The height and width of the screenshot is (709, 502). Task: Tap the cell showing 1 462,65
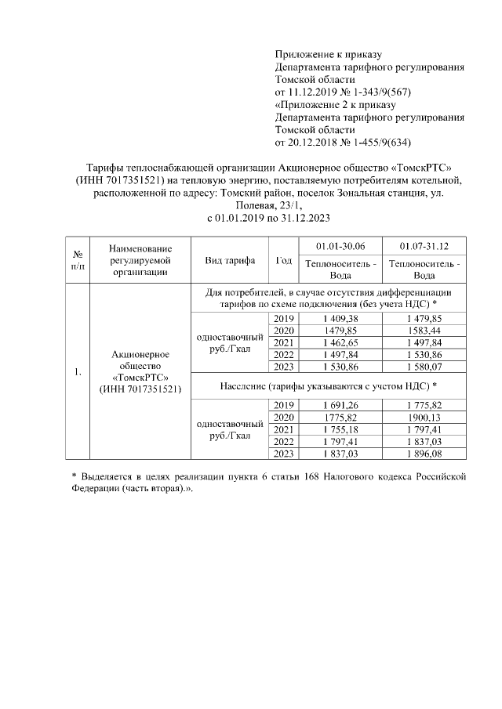(340, 342)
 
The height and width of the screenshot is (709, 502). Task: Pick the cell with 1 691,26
(340, 405)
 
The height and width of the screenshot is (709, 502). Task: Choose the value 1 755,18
(340, 429)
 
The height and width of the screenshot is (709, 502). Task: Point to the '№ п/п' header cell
(78, 259)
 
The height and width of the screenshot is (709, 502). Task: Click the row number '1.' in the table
(78, 372)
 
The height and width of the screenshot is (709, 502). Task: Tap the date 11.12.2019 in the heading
(314, 92)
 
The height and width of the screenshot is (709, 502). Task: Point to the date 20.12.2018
(314, 142)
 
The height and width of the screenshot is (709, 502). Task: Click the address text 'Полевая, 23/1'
(249, 204)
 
